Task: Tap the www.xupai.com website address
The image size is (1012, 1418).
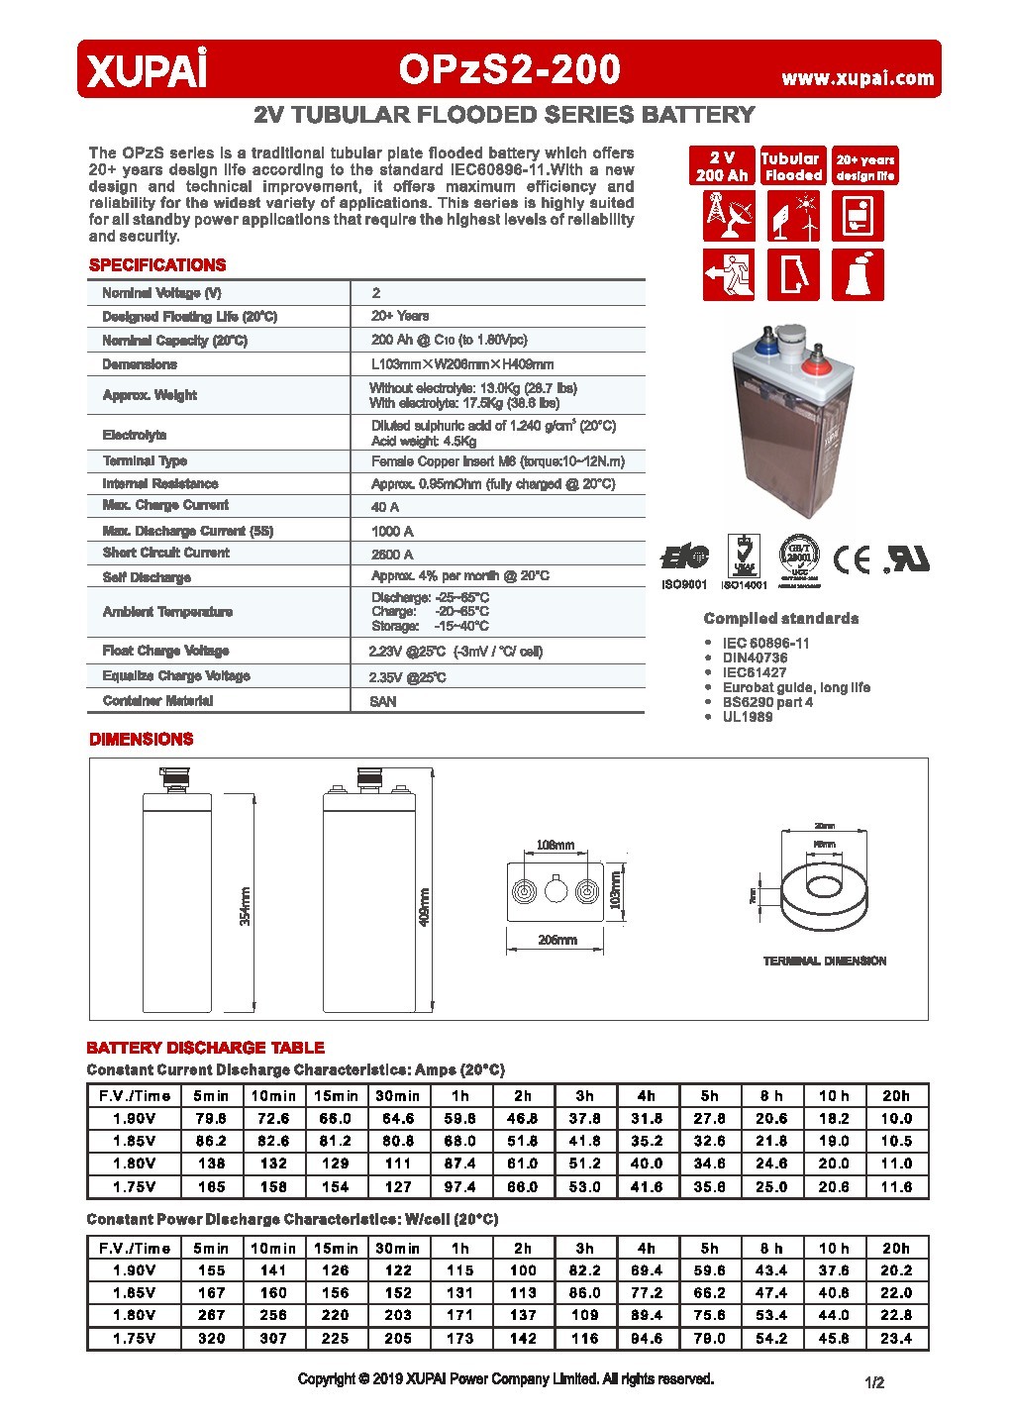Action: tap(858, 78)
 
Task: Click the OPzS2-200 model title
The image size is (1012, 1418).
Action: tap(510, 69)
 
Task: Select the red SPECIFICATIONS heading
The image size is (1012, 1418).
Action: tap(157, 265)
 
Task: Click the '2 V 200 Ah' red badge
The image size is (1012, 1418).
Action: tap(722, 166)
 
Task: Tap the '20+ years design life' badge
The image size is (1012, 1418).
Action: tap(864, 166)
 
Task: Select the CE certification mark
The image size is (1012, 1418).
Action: tap(852, 560)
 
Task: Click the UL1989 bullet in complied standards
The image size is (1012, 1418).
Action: tap(747, 717)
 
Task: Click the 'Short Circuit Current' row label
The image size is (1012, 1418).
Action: tap(165, 553)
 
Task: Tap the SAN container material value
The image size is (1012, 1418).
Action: tap(383, 701)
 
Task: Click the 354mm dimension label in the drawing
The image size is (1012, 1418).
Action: tap(246, 905)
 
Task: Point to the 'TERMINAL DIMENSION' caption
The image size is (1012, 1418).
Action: tap(824, 961)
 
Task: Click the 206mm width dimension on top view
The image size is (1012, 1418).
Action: tap(557, 940)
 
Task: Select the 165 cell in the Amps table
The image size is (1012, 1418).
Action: tap(211, 1186)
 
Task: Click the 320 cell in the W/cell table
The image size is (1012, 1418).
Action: tap(211, 1338)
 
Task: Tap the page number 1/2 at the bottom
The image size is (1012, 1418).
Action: tap(874, 1382)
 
